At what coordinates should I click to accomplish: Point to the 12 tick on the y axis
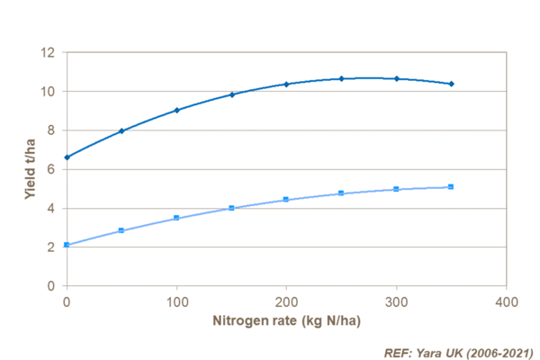49,52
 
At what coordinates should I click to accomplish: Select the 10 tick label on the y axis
49,91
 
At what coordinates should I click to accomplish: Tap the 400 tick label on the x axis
507,300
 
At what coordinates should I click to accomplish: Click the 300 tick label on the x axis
397,300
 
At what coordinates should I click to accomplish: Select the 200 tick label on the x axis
286,300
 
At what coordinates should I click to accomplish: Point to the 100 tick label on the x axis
176,300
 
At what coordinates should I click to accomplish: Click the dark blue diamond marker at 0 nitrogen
67,157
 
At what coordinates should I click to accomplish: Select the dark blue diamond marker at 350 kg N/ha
452,84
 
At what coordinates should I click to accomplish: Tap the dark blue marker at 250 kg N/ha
341,79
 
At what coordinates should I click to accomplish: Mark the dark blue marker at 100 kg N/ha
176,110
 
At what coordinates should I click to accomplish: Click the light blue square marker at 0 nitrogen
67,245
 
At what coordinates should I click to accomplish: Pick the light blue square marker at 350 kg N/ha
452,187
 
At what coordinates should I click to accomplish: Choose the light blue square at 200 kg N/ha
286,200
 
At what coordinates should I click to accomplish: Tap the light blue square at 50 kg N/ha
121,230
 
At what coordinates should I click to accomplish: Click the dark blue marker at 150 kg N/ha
231,94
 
